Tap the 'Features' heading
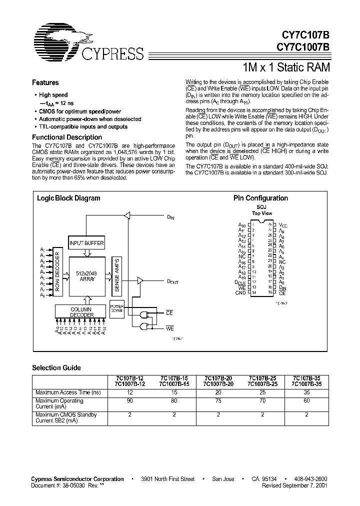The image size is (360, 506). [45, 82]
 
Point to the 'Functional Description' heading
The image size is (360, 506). [67, 137]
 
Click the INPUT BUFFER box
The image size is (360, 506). [87, 243]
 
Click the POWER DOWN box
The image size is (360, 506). [117, 308]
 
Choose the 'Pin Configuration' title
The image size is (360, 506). [260, 198]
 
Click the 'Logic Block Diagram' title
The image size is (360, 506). [68, 198]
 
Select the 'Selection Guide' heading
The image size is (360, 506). [56, 367]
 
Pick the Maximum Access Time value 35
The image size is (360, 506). [306, 392]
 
